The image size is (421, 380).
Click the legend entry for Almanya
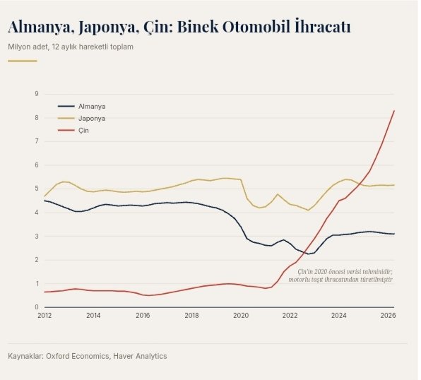[x=92, y=107]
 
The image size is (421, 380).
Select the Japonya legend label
[x=92, y=119]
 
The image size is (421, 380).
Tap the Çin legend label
[x=83, y=131]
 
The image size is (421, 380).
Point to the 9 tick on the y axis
[x=37, y=94]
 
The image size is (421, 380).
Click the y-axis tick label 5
[x=37, y=189]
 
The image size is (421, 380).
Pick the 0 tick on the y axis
[x=37, y=307]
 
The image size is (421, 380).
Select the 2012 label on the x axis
[x=45, y=315]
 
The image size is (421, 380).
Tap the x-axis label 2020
[x=241, y=315]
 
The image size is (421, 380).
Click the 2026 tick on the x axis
[x=388, y=315]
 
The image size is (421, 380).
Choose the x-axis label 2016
[x=143, y=315]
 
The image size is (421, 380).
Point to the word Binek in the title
[x=198, y=27]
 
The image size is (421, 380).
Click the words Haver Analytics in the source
[x=140, y=356]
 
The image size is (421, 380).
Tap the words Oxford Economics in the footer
[x=78, y=356]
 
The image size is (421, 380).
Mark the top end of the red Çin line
[x=394, y=110]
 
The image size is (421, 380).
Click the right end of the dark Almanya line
[x=394, y=234]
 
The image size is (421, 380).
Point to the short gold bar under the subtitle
[x=23, y=61]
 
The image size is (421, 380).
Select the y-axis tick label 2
[x=37, y=260]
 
